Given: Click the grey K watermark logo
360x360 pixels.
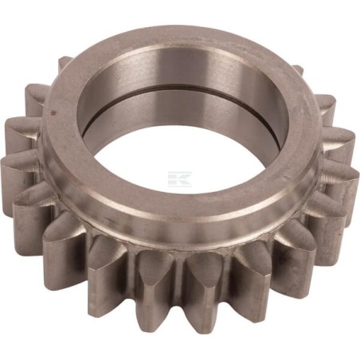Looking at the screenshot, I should [181, 177].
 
